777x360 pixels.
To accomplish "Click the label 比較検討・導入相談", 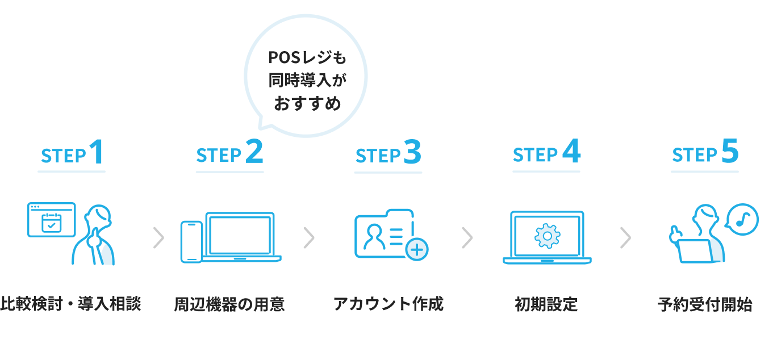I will [x=70, y=304].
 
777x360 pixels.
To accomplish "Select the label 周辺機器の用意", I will [x=229, y=304].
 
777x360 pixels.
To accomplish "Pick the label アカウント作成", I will [x=389, y=304].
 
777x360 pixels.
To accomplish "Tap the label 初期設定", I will [x=546, y=304].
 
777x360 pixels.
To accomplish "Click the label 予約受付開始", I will [x=705, y=304].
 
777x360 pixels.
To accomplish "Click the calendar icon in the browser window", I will [x=52, y=223].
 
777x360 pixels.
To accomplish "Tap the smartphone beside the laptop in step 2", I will [x=191, y=242].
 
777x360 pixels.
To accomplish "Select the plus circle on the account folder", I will [x=417, y=249].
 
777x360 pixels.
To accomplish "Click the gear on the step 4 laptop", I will [x=546, y=236].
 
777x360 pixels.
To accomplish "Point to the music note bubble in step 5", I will [x=742, y=219].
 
